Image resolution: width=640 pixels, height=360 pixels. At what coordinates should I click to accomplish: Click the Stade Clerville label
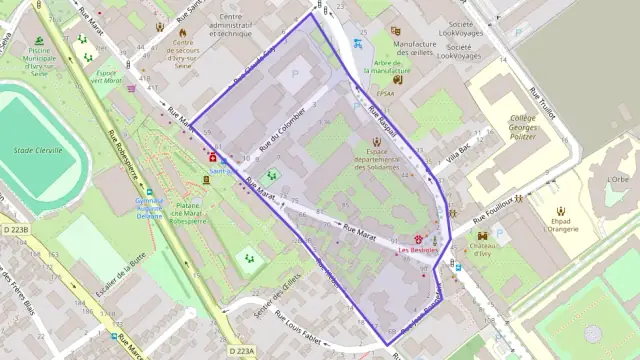point(38,151)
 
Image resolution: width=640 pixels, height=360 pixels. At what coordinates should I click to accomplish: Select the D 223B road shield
point(15,230)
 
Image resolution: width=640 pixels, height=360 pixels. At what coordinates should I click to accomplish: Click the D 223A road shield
point(241,351)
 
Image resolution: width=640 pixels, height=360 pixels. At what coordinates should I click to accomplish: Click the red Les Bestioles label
point(418,250)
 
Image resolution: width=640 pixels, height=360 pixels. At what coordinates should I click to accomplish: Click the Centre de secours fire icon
point(182,31)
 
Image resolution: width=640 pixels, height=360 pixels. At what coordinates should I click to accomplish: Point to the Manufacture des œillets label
point(414,50)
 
